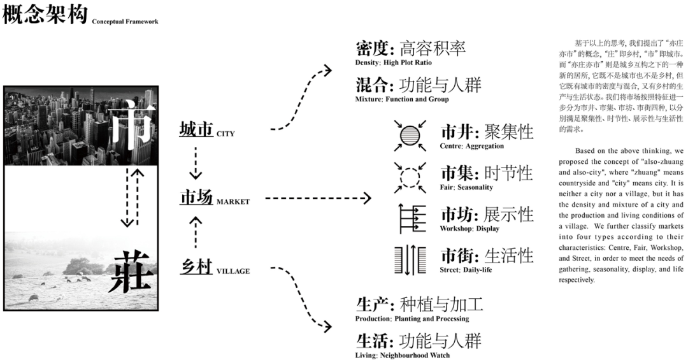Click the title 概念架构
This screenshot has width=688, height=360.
[x=44, y=14]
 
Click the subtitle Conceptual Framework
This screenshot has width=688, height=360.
[x=125, y=22]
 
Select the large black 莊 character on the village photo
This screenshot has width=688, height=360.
[x=132, y=270]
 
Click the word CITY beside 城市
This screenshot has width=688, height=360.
[x=226, y=134]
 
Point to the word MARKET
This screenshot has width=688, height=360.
[x=233, y=201]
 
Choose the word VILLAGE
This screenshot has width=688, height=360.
[x=233, y=271]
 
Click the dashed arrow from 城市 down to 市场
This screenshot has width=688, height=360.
[x=196, y=163]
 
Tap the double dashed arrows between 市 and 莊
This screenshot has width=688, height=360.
[x=129, y=197]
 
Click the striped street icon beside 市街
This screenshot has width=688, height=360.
[x=410, y=259]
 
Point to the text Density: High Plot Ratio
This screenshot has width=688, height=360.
[x=393, y=62]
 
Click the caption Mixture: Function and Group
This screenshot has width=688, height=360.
[x=402, y=99]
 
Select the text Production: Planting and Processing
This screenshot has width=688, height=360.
[x=412, y=319]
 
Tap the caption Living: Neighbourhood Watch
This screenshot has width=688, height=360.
[x=402, y=355]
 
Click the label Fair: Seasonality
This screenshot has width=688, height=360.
[x=466, y=187]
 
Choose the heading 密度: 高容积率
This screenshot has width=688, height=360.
[x=410, y=48]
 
